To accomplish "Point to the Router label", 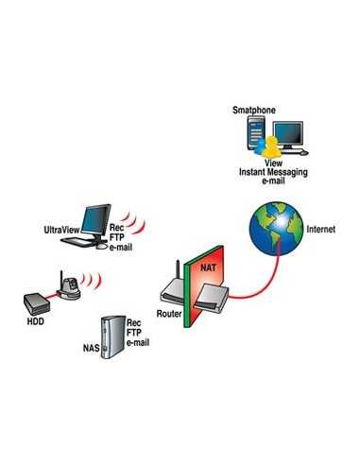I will click(168, 311).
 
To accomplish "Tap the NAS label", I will click(94, 348).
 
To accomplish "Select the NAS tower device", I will click(114, 336).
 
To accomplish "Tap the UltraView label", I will click(62, 230).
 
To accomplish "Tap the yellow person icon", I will click(271, 146).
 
